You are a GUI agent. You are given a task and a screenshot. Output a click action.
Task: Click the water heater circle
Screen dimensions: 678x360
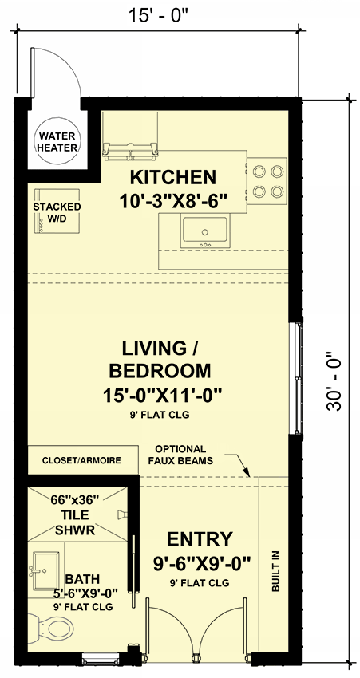[x=55, y=142]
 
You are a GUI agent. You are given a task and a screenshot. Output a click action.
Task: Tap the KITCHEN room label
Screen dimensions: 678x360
[x=173, y=176]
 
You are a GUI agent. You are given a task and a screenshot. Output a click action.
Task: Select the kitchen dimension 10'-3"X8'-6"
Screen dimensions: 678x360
[x=174, y=200]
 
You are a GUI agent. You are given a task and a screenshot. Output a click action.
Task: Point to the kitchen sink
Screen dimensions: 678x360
[x=206, y=232]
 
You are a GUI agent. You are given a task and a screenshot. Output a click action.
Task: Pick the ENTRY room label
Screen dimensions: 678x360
[x=200, y=538]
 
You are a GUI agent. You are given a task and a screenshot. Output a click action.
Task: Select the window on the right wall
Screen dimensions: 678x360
[x=297, y=377]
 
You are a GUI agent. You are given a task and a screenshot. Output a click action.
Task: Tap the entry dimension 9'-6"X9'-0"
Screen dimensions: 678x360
[x=201, y=563]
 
